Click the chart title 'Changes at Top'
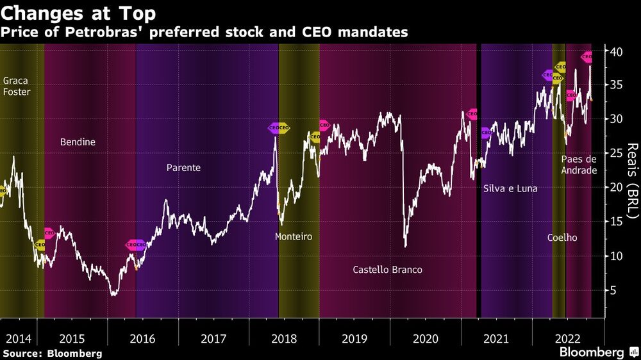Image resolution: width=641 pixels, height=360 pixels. [79, 12]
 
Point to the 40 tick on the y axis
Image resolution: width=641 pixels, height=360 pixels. [614, 51]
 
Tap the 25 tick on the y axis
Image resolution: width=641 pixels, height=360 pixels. [614, 153]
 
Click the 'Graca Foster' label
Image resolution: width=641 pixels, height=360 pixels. [17, 86]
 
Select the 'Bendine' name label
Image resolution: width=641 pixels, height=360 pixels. [78, 142]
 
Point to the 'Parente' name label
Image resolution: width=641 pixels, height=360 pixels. [183, 168]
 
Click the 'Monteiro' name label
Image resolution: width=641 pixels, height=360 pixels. [293, 236]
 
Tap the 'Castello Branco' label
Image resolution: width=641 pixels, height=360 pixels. [387, 270]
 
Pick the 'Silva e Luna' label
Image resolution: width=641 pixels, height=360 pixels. [510, 189]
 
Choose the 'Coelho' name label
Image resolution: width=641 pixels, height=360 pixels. [562, 238]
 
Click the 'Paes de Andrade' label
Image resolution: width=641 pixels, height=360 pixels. [579, 165]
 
